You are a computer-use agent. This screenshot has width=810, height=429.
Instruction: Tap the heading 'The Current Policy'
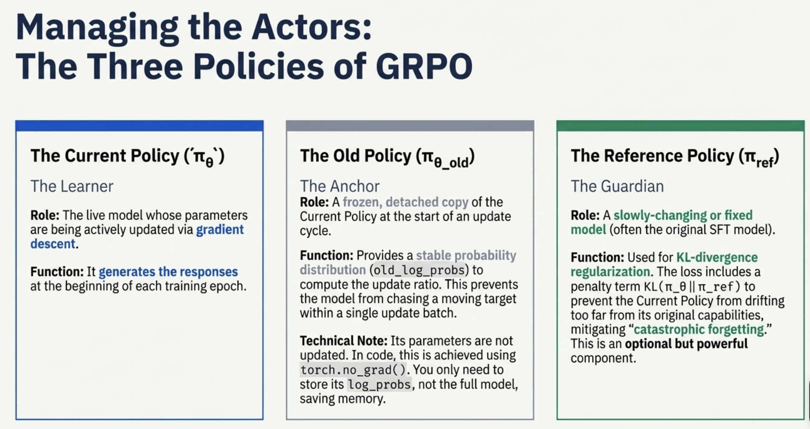coord(105,155)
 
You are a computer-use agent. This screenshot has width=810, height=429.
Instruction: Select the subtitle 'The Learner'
coord(72,186)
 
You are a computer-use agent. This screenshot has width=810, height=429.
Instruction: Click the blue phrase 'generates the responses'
coord(168,272)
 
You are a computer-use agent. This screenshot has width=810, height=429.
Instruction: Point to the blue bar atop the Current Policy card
coord(139,126)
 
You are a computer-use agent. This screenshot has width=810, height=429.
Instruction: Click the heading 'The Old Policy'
coord(356,155)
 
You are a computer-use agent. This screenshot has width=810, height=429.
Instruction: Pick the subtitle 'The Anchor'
coord(340,186)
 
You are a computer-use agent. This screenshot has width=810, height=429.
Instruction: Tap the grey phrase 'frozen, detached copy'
coord(405,202)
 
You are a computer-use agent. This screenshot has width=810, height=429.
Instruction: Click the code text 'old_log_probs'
coord(417,270)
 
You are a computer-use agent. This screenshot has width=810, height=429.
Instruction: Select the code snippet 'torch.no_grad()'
coord(353,370)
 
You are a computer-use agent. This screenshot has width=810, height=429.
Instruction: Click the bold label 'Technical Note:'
coord(344,341)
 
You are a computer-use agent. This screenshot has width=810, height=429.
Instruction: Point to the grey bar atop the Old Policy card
coord(410,126)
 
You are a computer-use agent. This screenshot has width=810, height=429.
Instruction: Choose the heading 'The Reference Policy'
coord(653,155)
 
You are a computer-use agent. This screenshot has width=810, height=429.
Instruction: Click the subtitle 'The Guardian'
coord(617,186)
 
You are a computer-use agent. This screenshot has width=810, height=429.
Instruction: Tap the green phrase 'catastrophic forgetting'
coord(699,330)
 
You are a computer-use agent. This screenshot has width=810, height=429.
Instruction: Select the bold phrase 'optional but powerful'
coord(686,344)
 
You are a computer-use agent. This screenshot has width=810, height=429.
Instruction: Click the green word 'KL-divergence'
coord(717,257)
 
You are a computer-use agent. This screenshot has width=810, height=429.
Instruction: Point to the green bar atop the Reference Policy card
coord(680,126)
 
